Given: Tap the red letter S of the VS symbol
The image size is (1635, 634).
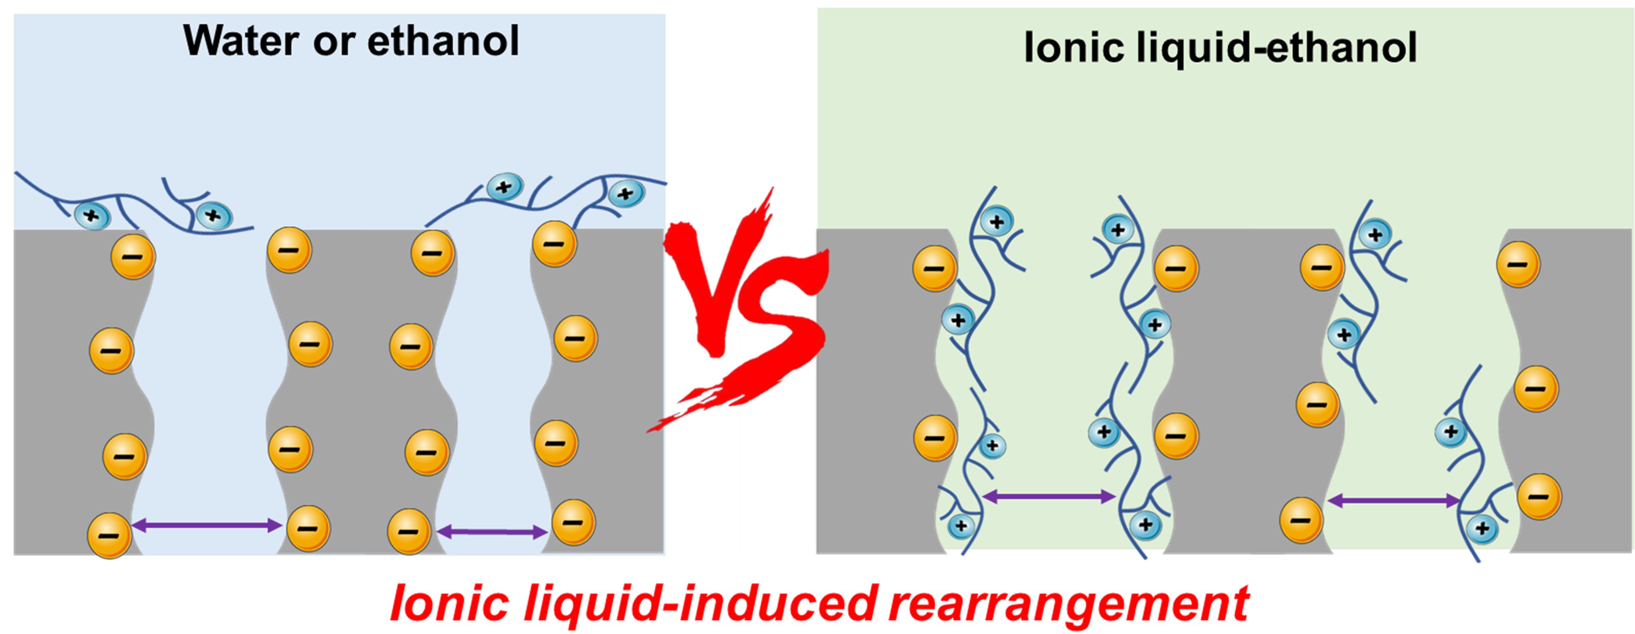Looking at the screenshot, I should pyautogui.click(x=778, y=330).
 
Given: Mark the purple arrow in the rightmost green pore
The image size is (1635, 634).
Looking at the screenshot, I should pyautogui.click(x=1393, y=501).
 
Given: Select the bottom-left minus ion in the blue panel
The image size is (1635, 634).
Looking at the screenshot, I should pyautogui.click(x=109, y=535).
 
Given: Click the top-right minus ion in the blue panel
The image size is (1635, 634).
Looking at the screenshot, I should pyautogui.click(x=555, y=244).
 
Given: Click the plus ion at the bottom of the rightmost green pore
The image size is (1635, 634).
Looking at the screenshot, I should pyautogui.click(x=1482, y=528).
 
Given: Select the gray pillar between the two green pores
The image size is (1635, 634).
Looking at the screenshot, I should pyautogui.click(x=1244, y=394).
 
